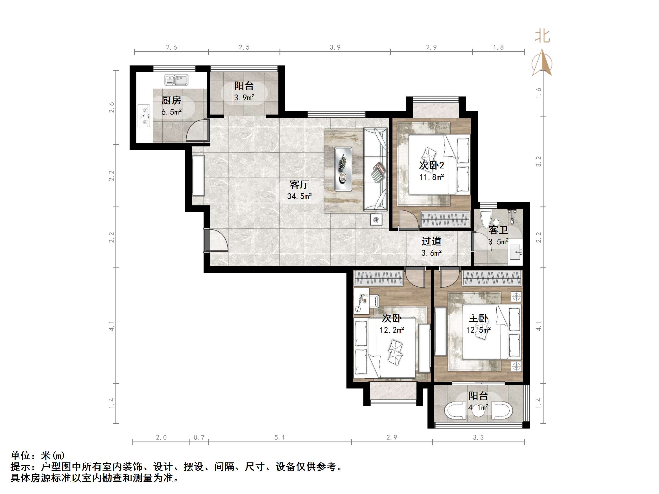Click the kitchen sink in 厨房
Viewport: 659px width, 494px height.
(176, 80)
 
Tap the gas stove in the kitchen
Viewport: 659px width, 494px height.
(144, 116)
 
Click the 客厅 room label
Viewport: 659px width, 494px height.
(299, 185)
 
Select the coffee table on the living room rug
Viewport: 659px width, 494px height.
(343, 169)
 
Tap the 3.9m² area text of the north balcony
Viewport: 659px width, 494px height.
(244, 98)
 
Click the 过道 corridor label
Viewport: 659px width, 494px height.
(431, 241)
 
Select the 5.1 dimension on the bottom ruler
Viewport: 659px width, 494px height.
(280, 437)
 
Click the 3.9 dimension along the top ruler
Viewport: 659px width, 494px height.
(335, 47)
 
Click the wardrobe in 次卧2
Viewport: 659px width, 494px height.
(445, 220)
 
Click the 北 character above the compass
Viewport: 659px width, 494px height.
(542, 36)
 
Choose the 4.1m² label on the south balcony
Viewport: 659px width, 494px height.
(478, 408)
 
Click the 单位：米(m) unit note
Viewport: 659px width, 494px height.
(38, 456)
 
